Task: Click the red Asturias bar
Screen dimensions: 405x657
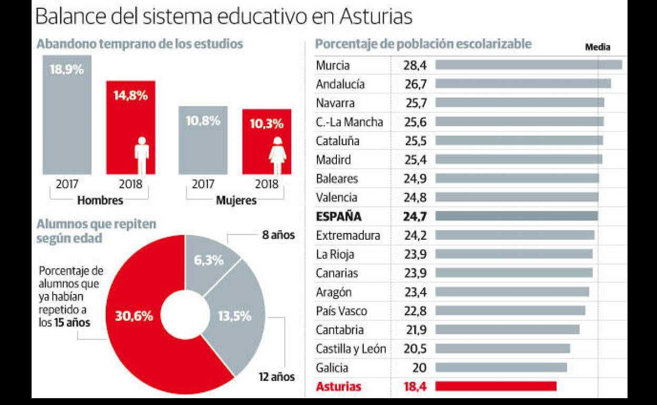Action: pyautogui.click(x=496, y=386)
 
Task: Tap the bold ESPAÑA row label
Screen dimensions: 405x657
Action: pyautogui.click(x=339, y=216)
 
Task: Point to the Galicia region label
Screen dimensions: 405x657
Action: pyautogui.click(x=332, y=368)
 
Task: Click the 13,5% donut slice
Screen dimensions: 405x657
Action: pyautogui.click(x=237, y=316)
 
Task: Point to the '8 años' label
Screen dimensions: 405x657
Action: pyautogui.click(x=278, y=236)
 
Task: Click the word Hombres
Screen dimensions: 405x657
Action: pyautogui.click(x=100, y=200)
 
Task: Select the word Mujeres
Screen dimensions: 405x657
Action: pyautogui.click(x=236, y=200)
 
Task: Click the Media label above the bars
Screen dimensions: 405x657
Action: pyautogui.click(x=598, y=47)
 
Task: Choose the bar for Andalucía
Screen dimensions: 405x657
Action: pyautogui.click(x=523, y=84)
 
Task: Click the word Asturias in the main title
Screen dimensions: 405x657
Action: pyautogui.click(x=375, y=17)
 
